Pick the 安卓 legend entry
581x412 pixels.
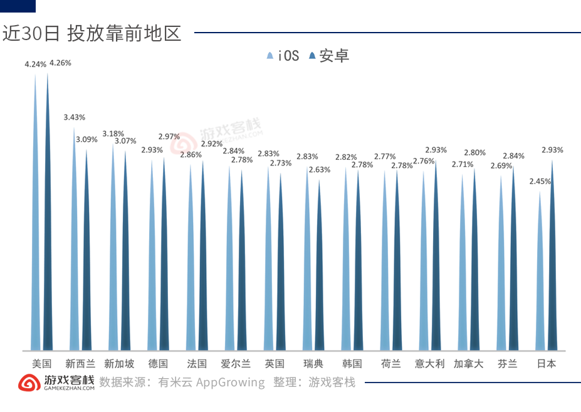[x=328, y=56]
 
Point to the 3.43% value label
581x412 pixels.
[x=75, y=117]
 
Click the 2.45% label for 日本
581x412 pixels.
[x=540, y=181]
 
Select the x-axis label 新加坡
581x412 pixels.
[x=119, y=364]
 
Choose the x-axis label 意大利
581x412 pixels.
[x=429, y=364]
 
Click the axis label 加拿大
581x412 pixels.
[x=468, y=364]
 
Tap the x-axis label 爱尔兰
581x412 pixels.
[x=236, y=364]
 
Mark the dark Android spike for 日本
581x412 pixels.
[x=552, y=263]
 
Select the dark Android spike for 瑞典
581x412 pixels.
[x=320, y=270]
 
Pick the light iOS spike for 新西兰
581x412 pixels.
[x=75, y=251]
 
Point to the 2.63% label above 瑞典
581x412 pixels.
[x=320, y=170]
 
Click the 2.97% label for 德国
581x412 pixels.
[x=169, y=137]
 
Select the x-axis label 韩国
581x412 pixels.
[x=352, y=364]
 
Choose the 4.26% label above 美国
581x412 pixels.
[x=60, y=63]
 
